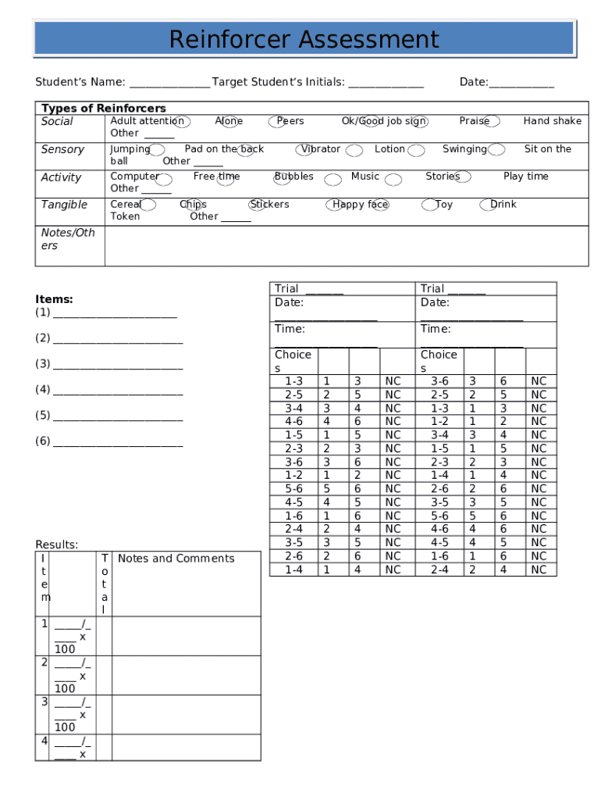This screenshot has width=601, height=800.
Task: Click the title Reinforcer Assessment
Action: pyautogui.click(x=304, y=38)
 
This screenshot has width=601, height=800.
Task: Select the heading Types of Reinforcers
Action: pyautogui.click(x=103, y=108)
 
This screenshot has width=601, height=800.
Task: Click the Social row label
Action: pyautogui.click(x=57, y=121)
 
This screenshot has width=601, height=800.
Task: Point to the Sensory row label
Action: pyautogui.click(x=62, y=149)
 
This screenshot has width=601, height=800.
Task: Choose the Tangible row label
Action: pyautogui.click(x=64, y=205)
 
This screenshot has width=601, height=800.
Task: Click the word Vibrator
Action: pyautogui.click(x=320, y=148)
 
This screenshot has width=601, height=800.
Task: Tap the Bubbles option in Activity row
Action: pyautogui.click(x=294, y=177)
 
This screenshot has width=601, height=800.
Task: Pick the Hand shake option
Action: pyautogui.click(x=552, y=121)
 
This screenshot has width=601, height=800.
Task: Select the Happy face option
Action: pyautogui.click(x=360, y=205)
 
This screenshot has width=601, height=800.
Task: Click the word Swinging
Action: pyautogui.click(x=464, y=148)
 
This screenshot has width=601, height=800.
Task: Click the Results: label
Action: pyautogui.click(x=57, y=545)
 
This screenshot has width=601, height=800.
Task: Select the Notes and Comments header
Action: pyautogui.click(x=176, y=559)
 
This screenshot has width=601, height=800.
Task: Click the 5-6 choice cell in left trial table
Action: pyautogui.click(x=293, y=489)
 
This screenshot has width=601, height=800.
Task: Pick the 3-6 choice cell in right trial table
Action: pyautogui.click(x=439, y=381)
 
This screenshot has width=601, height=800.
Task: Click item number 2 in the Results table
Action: pyautogui.click(x=44, y=662)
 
